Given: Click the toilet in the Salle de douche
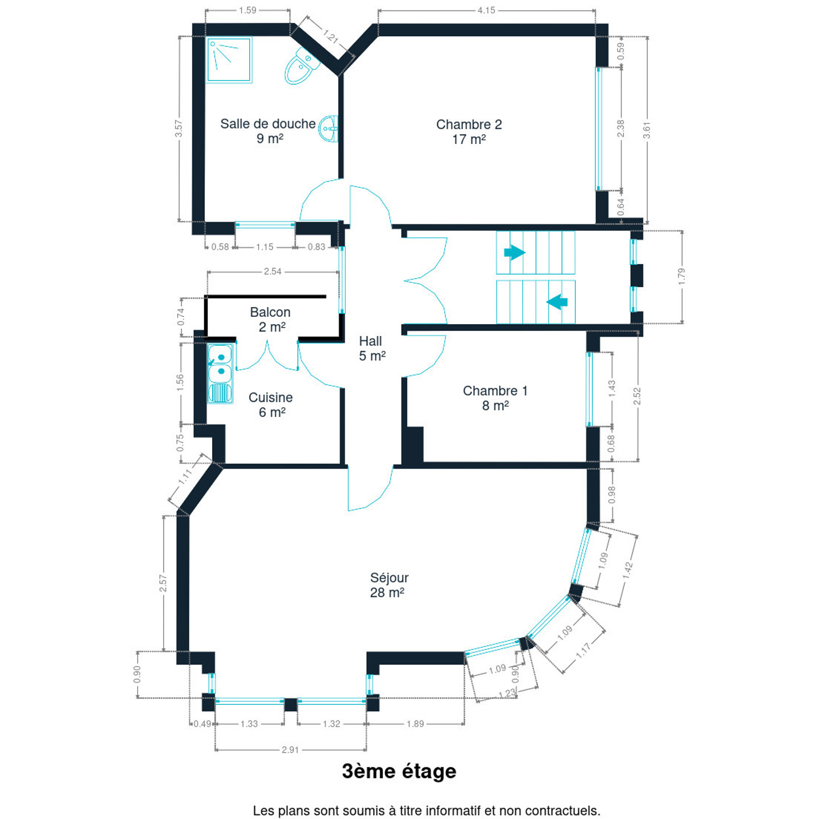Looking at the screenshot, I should coord(301,67).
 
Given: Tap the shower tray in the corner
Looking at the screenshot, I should coord(229,60).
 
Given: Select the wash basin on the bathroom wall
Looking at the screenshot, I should coord(329,129).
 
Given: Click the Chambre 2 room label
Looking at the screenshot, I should coord(469,125).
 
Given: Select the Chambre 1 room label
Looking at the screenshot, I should coord(495,391).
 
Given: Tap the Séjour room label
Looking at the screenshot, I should coord(389,578).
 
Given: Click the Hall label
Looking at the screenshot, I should coord(370,341).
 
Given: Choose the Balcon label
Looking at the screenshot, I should coord(270,312).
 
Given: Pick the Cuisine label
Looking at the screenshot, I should coord(271,398).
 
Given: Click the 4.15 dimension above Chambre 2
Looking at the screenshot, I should coord(486,10).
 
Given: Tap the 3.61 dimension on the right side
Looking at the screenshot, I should coord(647,130).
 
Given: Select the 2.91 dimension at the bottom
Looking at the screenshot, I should coord(290,750).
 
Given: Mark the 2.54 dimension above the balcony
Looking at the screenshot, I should coord(272,271).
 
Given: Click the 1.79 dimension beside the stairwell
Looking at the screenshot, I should coord(681,276).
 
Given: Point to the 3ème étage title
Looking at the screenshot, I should coord(399,771).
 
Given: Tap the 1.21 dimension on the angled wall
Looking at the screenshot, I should coord(330,36).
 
